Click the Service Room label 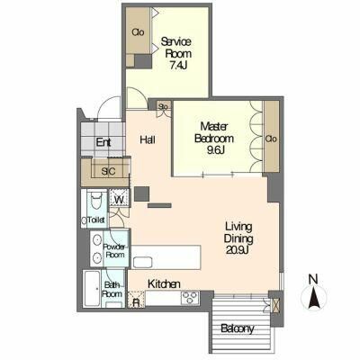pos(176,48)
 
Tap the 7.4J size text pos(178,66)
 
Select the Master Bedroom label pos(214,132)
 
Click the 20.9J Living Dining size pos(238,249)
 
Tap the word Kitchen pos(164,283)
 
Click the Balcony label pos(238,329)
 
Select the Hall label pos(148,139)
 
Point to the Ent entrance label pos(103,142)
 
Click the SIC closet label pos(108,171)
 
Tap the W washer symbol pos(120,199)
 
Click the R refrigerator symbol pos(136,302)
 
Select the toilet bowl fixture pos(96,202)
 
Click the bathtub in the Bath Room pos(92,289)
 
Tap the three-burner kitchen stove pos(190,298)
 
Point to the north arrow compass pos(313,298)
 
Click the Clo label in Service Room pos(138,32)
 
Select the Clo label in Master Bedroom pos(271,139)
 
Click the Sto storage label pos(163,106)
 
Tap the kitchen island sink pos(142,263)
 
